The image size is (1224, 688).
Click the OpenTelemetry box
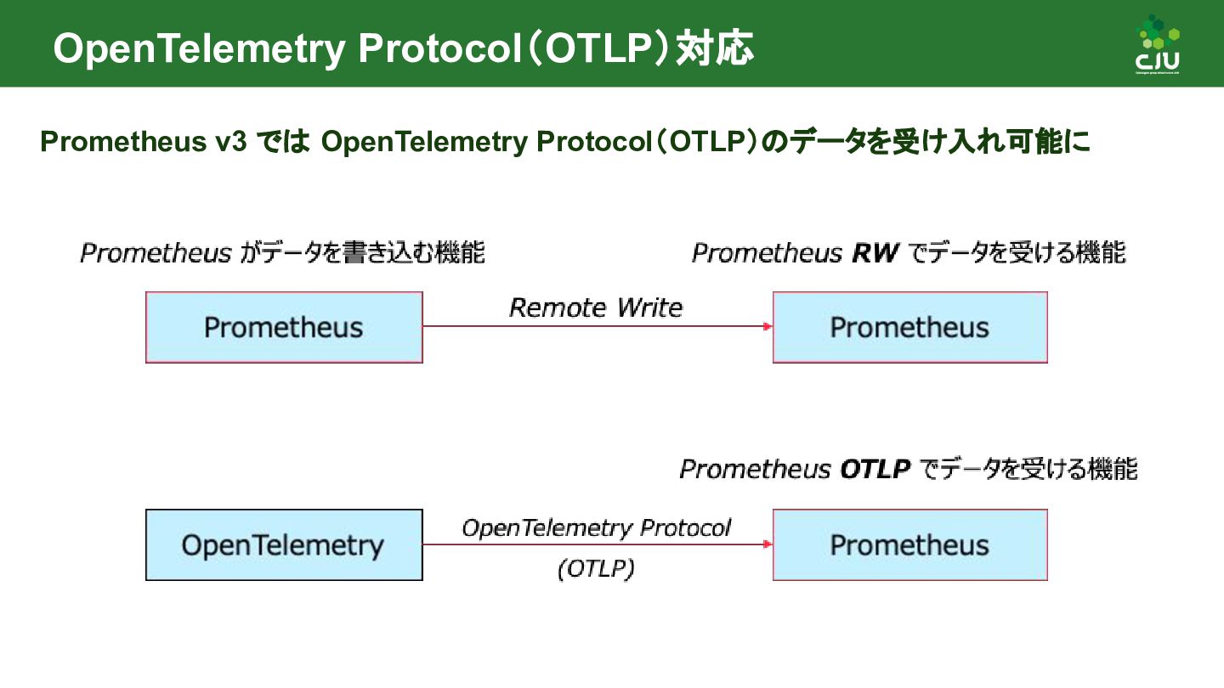(284, 545)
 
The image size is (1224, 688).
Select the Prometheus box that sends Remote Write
(284, 328)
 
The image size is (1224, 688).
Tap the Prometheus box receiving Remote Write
(909, 328)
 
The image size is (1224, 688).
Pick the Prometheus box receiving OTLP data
(909, 545)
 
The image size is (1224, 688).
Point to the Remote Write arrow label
(596, 307)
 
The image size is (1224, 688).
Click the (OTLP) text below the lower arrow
(596, 569)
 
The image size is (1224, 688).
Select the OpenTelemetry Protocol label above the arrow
(596, 528)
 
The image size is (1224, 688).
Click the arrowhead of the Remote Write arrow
(768, 327)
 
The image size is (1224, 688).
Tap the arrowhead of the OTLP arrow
(768, 544)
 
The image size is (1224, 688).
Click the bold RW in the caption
(873, 253)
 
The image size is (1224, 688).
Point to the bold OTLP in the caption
(875, 469)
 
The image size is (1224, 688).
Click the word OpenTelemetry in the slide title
(199, 49)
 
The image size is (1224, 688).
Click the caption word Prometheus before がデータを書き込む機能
(156, 253)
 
